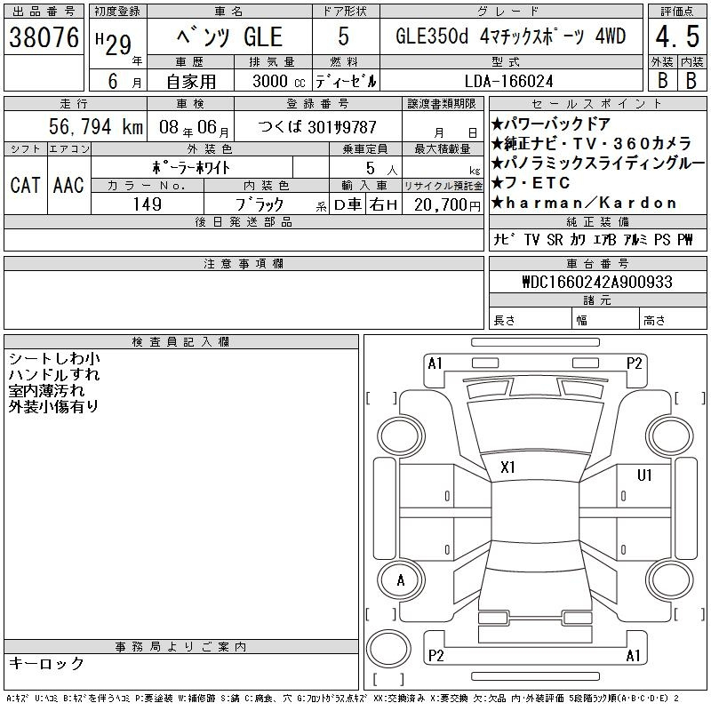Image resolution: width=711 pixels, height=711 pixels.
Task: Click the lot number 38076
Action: [x=44, y=37]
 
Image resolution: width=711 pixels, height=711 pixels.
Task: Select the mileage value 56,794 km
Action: [x=96, y=126]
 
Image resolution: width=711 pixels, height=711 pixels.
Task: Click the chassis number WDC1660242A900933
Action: [x=597, y=282]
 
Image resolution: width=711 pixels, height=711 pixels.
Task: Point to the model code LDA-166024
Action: [x=509, y=81]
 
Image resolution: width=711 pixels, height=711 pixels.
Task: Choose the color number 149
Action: [x=148, y=204]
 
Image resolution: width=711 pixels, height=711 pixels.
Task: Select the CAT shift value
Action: [x=25, y=185]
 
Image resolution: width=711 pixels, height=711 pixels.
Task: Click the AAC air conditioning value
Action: [x=68, y=185]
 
